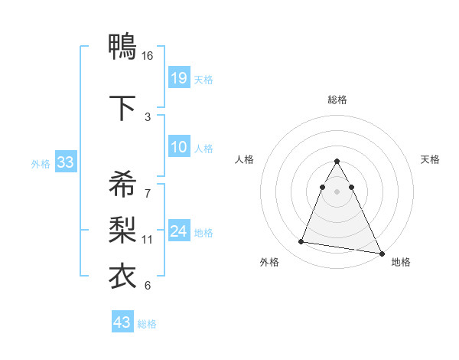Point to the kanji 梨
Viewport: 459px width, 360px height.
[x=122, y=229]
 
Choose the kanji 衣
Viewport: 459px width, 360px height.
[x=122, y=276]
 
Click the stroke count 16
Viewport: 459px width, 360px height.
[x=148, y=56]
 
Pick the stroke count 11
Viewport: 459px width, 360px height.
[x=148, y=240]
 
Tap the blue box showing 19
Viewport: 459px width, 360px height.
[x=179, y=78]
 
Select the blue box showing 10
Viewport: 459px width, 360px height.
[x=179, y=148]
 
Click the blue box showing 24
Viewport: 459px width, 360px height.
[x=179, y=232]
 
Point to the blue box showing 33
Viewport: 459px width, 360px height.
[x=65, y=163]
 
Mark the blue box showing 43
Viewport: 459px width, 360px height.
[x=122, y=322]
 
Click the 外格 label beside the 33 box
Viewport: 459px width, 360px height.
[x=40, y=164]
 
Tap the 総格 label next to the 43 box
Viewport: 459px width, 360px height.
[x=147, y=324]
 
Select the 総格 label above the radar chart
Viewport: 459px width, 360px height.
[x=337, y=100]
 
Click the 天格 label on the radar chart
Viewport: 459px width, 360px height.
[x=431, y=159]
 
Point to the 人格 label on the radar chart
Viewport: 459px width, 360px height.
[x=245, y=159]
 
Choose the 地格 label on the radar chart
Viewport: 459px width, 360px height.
[x=401, y=262]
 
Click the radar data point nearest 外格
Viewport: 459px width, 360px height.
[x=301, y=242]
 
